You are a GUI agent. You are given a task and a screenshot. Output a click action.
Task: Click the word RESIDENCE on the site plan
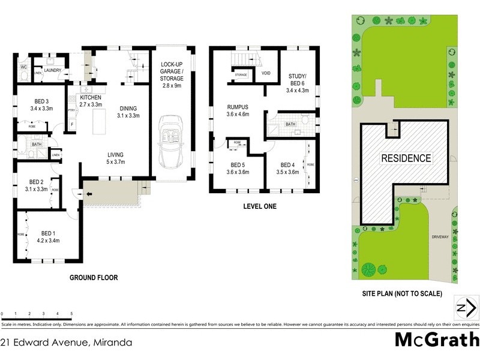406,158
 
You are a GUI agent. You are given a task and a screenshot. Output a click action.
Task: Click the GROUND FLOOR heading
94,278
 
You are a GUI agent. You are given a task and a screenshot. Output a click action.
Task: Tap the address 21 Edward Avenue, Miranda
66,343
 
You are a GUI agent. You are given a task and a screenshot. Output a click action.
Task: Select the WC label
23,67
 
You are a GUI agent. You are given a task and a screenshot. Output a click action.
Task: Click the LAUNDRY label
53,70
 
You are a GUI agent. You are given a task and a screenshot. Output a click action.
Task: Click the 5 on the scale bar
71,314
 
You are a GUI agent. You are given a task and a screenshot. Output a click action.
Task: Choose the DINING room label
127,108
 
